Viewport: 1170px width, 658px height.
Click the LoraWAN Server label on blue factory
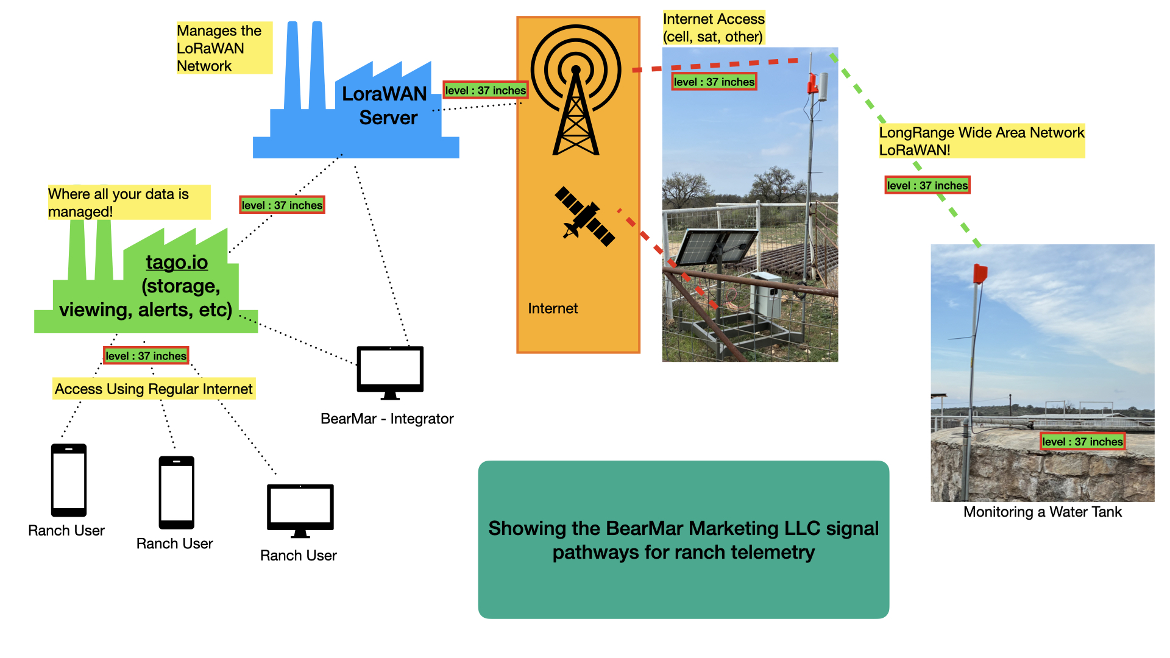[x=385, y=105]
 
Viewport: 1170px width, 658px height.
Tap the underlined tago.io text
[x=177, y=262]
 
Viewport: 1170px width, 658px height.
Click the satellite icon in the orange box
[x=584, y=216]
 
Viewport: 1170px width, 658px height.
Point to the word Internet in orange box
[x=553, y=309]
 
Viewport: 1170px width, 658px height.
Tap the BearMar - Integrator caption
[x=387, y=419]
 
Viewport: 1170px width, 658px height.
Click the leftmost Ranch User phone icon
[x=69, y=480]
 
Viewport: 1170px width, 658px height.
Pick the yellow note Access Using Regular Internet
[x=154, y=389]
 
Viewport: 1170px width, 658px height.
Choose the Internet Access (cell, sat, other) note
[x=713, y=28]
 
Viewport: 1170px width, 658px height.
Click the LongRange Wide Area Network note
[x=981, y=141]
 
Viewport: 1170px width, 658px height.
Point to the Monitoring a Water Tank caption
[x=1042, y=512]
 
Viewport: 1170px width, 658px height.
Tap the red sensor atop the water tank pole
[x=980, y=274]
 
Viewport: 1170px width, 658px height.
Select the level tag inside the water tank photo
[x=1082, y=442]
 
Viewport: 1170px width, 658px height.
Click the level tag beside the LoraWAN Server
[x=485, y=90]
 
